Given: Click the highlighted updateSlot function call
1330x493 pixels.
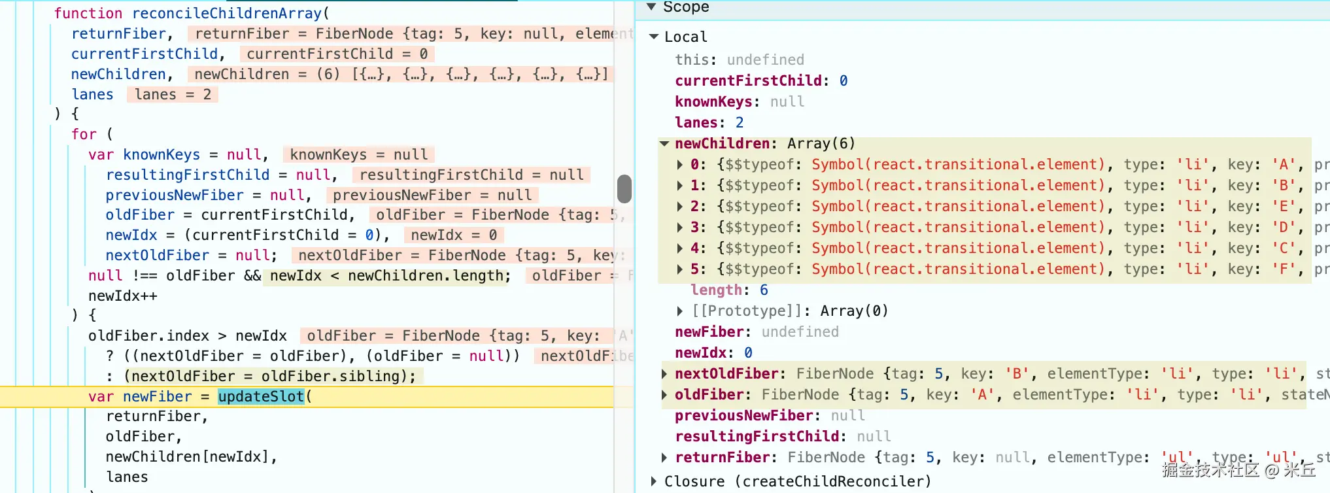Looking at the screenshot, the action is (261, 396).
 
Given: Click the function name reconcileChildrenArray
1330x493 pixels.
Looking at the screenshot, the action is (227, 13).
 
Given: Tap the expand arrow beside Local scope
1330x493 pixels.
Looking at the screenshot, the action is (653, 37).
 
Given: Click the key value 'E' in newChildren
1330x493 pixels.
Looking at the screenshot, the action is (1284, 207).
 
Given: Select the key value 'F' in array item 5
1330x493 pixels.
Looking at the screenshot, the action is (1284, 269).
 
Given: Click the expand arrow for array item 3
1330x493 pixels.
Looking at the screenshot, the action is (679, 228).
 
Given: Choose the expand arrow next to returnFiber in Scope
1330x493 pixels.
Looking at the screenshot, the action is (664, 458).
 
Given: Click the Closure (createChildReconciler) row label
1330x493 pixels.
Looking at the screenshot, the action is (798, 482).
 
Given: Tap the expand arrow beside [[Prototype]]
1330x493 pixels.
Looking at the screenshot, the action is (679, 311).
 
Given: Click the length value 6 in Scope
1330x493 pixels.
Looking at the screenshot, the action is (764, 290).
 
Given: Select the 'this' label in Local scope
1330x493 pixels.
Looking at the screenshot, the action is (692, 60).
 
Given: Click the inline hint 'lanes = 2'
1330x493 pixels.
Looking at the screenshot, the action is (173, 95).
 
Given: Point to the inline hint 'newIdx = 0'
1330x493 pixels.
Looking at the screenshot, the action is (454, 235).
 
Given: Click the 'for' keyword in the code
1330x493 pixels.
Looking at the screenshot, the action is (84, 135).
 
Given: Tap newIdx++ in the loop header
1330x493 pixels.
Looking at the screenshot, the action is (123, 296).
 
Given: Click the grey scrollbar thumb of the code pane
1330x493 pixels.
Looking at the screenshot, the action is (624, 189).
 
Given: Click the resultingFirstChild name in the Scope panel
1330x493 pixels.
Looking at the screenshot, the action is (757, 437).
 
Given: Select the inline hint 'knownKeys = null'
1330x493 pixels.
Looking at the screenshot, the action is (359, 155).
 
